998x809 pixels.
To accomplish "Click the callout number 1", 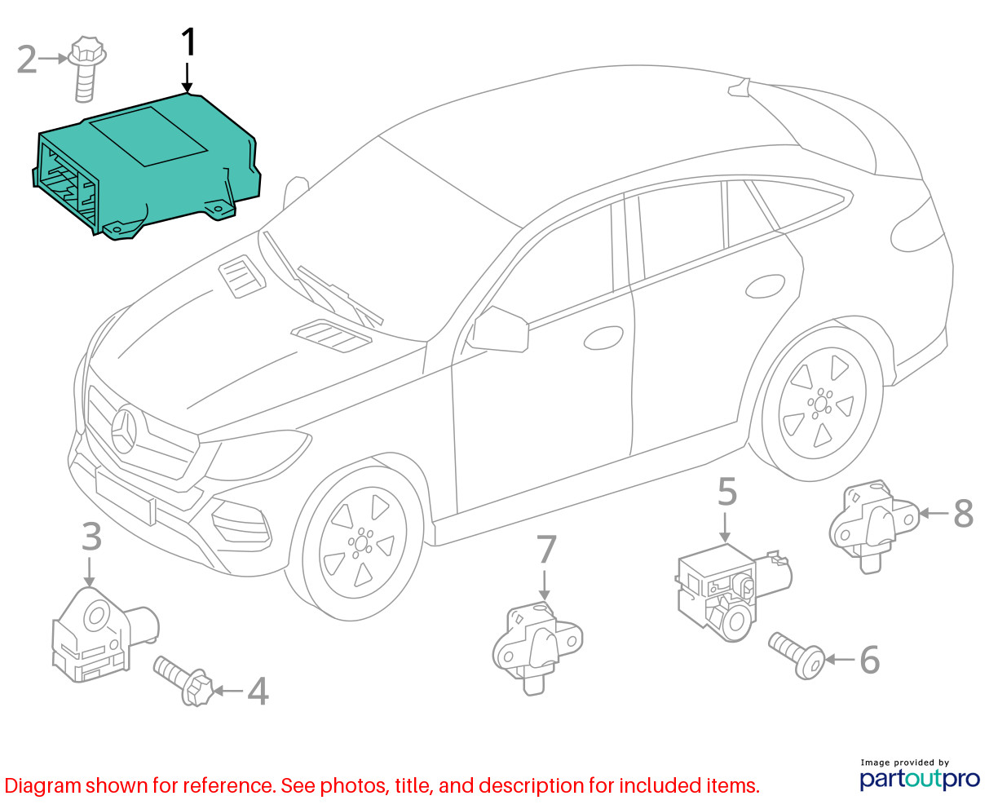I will (188, 43).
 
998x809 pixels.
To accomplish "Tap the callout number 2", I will (27, 60).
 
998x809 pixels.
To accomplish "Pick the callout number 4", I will (258, 692).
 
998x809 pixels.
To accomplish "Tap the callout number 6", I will (870, 660).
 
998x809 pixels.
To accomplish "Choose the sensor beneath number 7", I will (538, 644).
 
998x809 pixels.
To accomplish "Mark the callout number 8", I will (963, 514).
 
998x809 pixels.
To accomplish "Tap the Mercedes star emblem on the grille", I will (127, 430).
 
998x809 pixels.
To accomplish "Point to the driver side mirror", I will (500, 329).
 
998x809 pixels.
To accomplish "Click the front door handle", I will (603, 337).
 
